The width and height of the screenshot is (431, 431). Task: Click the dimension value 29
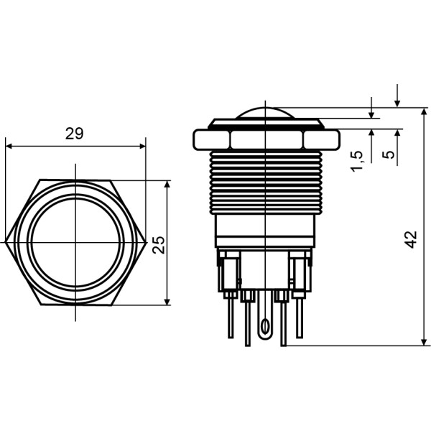[x=74, y=134]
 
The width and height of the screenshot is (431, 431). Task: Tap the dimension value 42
[x=411, y=240]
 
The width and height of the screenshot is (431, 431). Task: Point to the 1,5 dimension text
[x=357, y=161]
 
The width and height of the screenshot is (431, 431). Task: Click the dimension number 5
[x=389, y=155]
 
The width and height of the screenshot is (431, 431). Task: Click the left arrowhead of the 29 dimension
[x=9, y=146]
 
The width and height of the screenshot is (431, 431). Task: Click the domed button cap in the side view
[x=266, y=115]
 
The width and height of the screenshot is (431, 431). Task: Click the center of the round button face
[x=75, y=242]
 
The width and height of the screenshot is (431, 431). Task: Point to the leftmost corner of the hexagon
[x=6, y=242]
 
